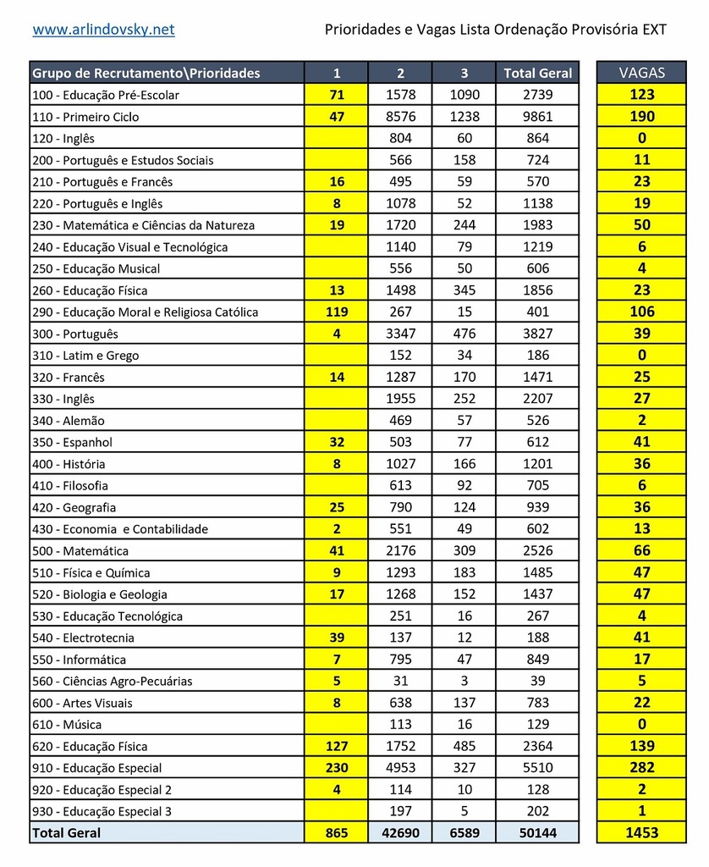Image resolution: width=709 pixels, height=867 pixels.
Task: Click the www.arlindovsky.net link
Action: click(103, 30)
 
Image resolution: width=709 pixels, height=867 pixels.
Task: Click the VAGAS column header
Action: click(641, 73)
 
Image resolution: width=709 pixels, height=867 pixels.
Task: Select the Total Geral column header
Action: click(537, 73)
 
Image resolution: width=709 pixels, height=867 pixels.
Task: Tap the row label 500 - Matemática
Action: click(80, 551)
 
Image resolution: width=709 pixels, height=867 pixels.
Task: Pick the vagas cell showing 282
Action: click(641, 768)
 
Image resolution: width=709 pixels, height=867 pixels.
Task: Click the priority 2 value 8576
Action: click(400, 117)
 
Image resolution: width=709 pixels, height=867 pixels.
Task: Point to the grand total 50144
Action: click(537, 833)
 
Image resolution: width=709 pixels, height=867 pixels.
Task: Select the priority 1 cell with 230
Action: click(337, 768)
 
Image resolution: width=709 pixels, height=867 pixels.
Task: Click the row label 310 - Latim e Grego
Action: click(85, 356)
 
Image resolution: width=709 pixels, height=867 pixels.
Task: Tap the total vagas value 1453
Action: click(641, 833)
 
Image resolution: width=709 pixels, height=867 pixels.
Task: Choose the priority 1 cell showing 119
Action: click(337, 312)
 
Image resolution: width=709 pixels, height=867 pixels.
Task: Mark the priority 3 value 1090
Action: click(464, 95)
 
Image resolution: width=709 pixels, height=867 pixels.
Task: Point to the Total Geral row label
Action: click(67, 833)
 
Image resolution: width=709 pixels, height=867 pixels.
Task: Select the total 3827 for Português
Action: click(537, 334)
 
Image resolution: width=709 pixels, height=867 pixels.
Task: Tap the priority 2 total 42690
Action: click(400, 833)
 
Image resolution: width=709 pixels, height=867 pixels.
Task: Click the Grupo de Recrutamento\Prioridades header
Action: click(146, 73)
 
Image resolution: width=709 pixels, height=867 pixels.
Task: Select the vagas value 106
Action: click(641, 312)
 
